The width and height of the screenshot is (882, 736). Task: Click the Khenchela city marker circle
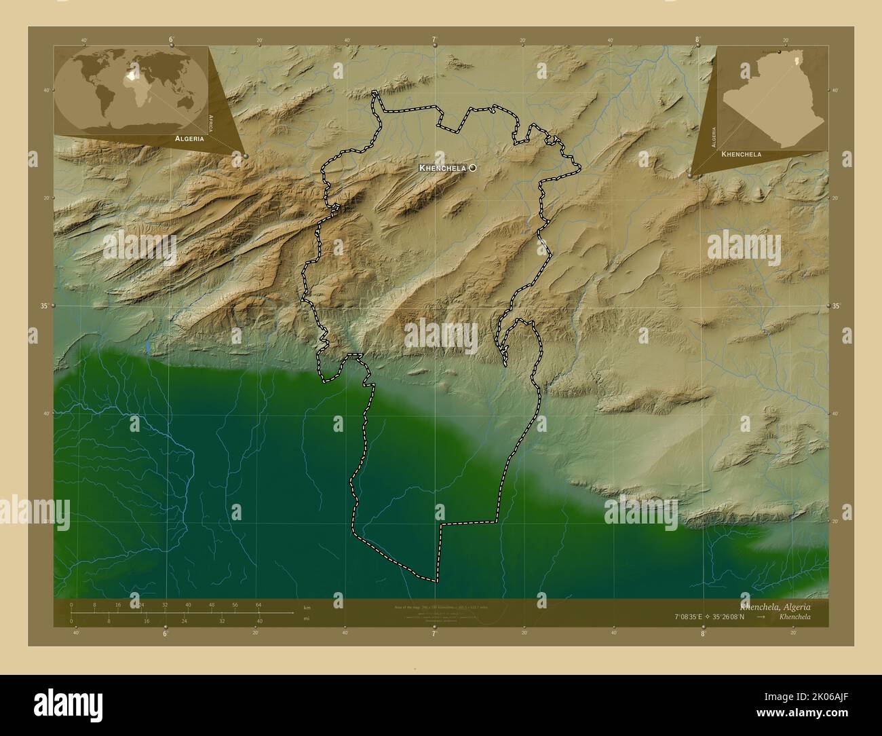472,167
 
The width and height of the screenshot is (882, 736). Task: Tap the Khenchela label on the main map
442,167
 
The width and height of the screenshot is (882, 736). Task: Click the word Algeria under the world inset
189,138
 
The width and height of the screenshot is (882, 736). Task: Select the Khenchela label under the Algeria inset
742,154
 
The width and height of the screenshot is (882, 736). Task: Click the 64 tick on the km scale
258,604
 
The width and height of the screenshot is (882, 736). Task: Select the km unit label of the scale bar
307,607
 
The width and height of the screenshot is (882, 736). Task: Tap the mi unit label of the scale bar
307,619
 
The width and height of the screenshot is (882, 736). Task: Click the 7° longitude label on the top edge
434,40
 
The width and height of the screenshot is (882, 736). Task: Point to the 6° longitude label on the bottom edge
165,633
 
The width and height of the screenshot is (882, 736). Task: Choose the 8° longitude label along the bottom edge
703,633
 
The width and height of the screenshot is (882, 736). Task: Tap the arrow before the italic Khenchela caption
761,617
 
